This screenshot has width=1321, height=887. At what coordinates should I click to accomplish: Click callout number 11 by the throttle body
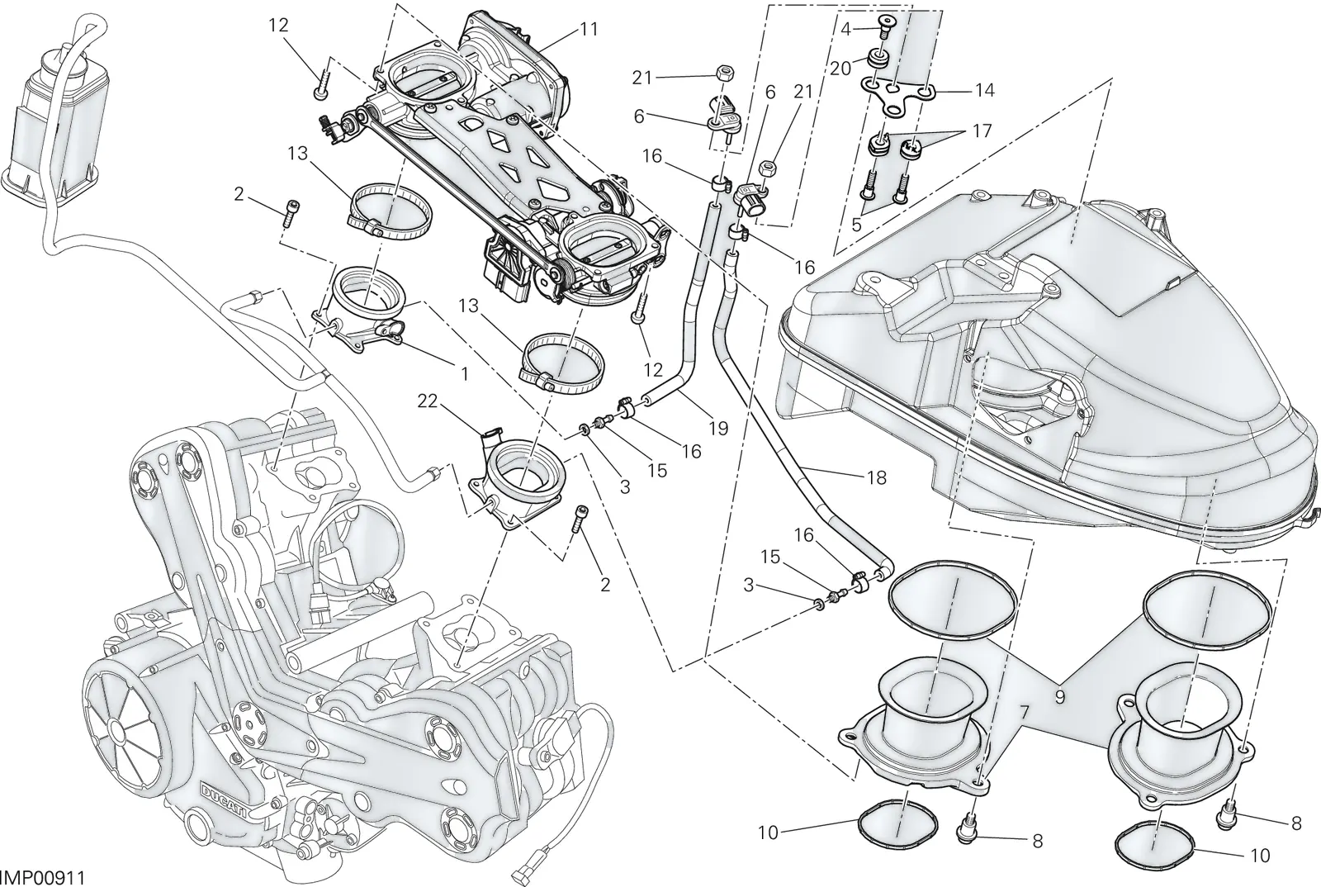pos(589,29)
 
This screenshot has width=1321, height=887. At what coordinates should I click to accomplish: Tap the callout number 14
pos(984,90)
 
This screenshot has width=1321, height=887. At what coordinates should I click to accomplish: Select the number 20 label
pos(841,69)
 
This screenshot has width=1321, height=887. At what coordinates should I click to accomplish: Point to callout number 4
pos(845,29)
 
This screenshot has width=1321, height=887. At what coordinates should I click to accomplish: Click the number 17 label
pos(982,130)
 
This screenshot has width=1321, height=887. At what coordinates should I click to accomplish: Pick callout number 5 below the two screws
pos(856,225)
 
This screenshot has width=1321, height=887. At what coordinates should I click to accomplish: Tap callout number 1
pos(464,373)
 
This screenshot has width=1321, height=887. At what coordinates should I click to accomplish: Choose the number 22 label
pos(428,401)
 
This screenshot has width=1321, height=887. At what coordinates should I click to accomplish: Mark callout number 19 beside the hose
pos(718,428)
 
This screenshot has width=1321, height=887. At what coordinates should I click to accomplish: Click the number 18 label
pos(877,477)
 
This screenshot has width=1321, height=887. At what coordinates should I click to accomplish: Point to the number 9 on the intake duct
pos(1060,698)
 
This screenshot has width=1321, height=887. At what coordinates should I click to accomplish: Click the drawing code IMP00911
pos(42,878)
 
